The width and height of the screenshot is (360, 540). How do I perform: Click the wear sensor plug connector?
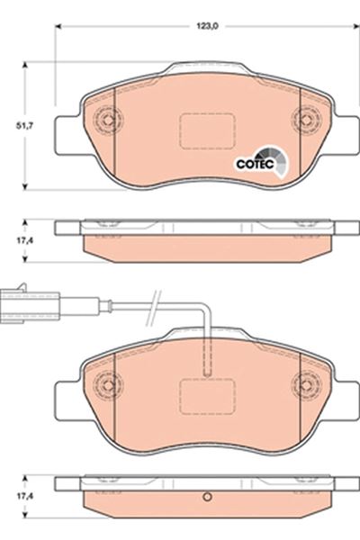click(23, 298)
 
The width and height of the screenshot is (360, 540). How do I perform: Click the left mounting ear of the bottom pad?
click(67, 396)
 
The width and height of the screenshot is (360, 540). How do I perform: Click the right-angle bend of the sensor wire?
click(206, 309)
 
